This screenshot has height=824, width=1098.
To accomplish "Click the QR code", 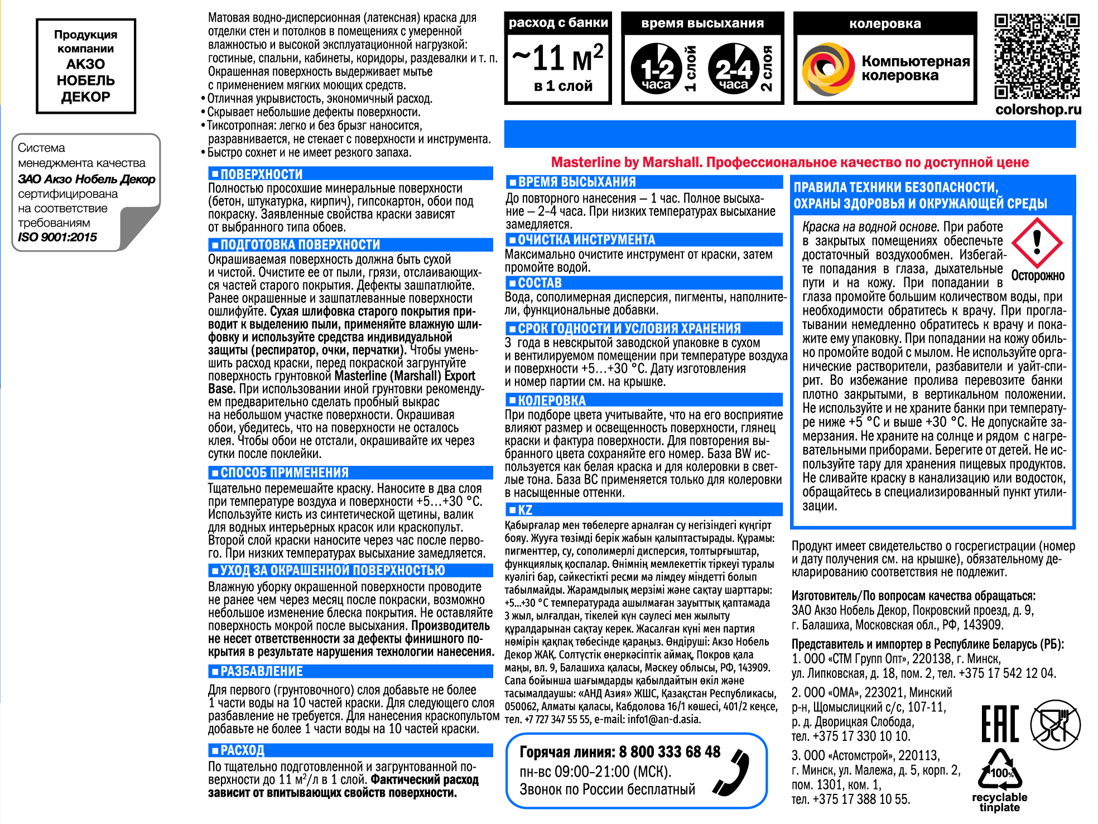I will [1037, 56].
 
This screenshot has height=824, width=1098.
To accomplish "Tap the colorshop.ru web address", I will [1038, 109].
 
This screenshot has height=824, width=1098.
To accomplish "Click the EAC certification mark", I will [1000, 724].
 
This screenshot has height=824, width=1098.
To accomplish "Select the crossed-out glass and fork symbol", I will [1055, 724].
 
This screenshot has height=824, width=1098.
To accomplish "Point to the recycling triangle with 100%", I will [1000, 770].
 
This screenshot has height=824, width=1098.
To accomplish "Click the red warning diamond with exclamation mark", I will [1037, 243].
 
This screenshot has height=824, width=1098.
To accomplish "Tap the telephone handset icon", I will [732, 772].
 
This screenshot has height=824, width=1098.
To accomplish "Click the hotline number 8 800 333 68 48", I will [670, 752].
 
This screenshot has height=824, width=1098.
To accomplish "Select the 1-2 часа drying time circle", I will [657, 69].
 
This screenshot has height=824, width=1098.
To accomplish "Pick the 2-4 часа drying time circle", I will [734, 69].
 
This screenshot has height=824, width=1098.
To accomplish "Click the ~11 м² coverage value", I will [558, 58].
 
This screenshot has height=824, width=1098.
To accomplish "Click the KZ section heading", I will [524, 510].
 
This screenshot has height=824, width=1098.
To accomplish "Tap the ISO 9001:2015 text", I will [57, 237].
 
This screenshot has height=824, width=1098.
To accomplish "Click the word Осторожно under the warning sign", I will [1038, 276].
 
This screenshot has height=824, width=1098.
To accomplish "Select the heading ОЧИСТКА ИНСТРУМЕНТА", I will [586, 240].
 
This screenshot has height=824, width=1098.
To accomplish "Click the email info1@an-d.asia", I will [663, 719].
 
